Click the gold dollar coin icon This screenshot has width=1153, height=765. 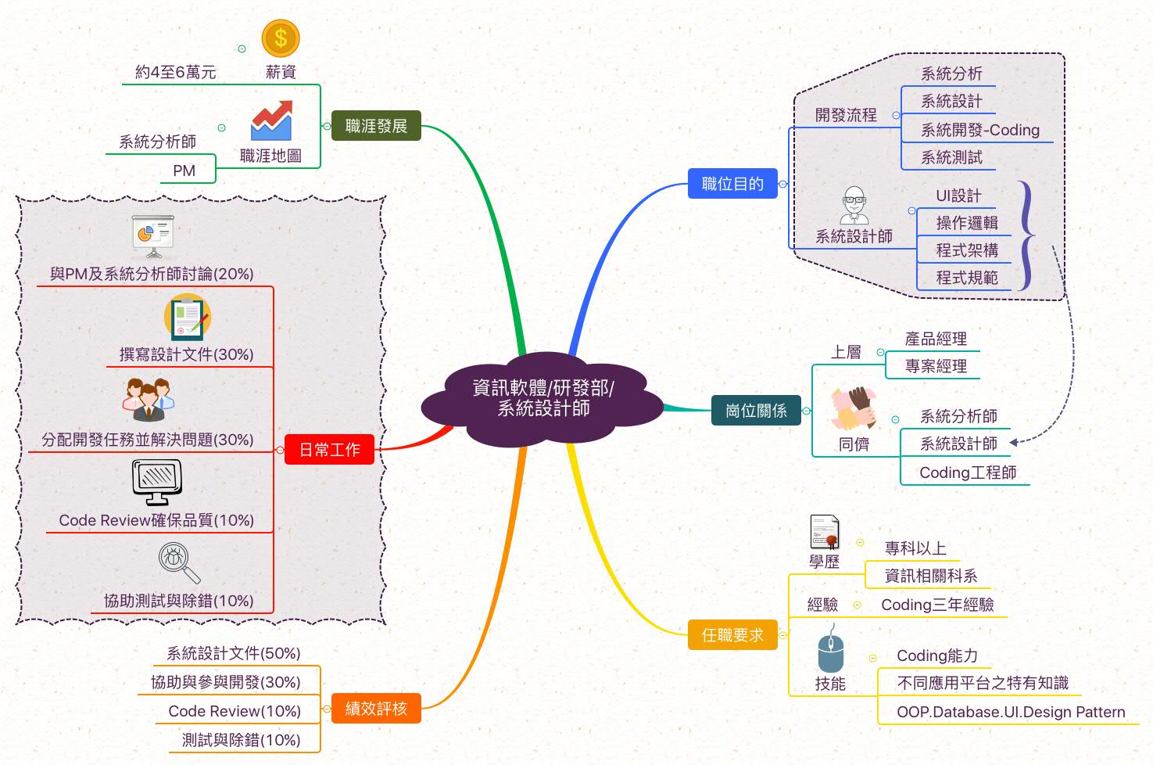click(x=281, y=38)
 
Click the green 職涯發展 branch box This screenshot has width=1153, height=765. click(x=376, y=126)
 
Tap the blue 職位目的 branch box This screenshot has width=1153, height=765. click(x=732, y=184)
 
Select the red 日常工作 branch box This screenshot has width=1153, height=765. click(x=329, y=450)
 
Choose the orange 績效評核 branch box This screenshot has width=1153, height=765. click(x=376, y=709)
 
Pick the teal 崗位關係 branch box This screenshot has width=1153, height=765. click(x=756, y=410)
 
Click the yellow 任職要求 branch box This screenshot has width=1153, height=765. click(x=732, y=635)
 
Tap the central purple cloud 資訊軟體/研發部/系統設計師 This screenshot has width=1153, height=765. click(x=543, y=398)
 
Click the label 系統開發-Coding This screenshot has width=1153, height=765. click(x=979, y=130)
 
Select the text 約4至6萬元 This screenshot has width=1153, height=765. click(x=175, y=72)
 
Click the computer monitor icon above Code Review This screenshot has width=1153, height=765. click(x=157, y=481)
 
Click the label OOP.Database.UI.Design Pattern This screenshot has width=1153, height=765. click(x=1011, y=712)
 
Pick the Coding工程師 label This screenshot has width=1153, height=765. click(x=968, y=472)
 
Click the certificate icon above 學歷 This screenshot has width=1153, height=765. click(x=825, y=532)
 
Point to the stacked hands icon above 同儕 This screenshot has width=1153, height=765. click(x=853, y=408)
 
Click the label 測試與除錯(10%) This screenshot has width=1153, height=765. click(x=241, y=740)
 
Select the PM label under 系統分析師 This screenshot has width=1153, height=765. click(x=184, y=171)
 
